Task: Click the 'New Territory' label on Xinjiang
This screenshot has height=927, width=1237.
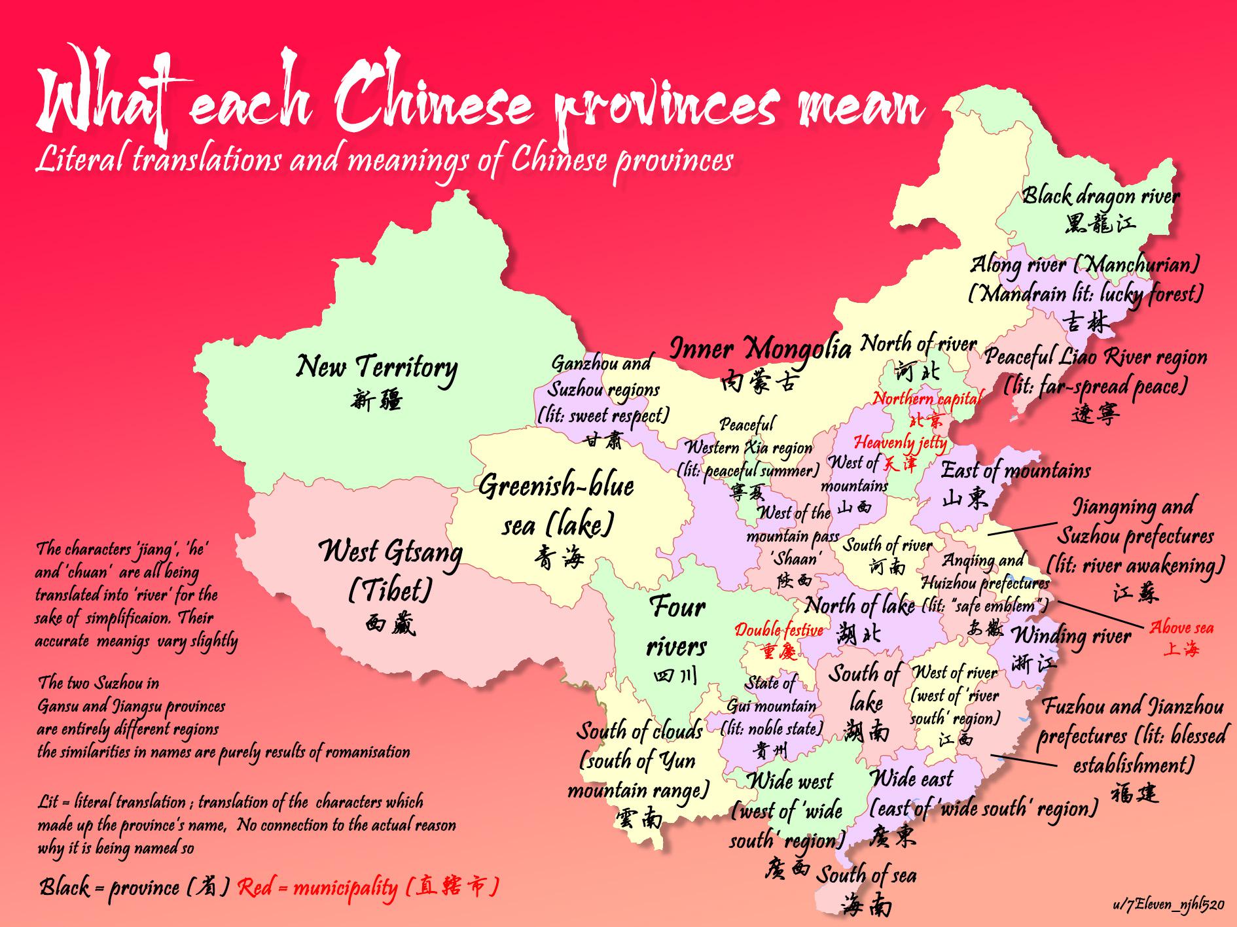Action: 376,367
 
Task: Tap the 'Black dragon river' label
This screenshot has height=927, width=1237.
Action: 1101,196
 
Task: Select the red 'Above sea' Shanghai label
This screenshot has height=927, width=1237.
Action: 1181,628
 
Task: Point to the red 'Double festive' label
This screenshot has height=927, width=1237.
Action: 778,630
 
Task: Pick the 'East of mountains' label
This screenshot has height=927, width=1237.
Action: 1015,470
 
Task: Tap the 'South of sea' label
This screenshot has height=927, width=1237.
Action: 866,875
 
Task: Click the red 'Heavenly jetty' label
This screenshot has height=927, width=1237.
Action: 900,443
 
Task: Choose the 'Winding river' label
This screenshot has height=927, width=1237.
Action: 1071,636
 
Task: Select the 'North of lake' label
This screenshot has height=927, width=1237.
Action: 859,606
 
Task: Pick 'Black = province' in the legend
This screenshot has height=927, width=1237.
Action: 134,888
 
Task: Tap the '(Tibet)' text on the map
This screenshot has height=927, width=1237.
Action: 390,591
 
